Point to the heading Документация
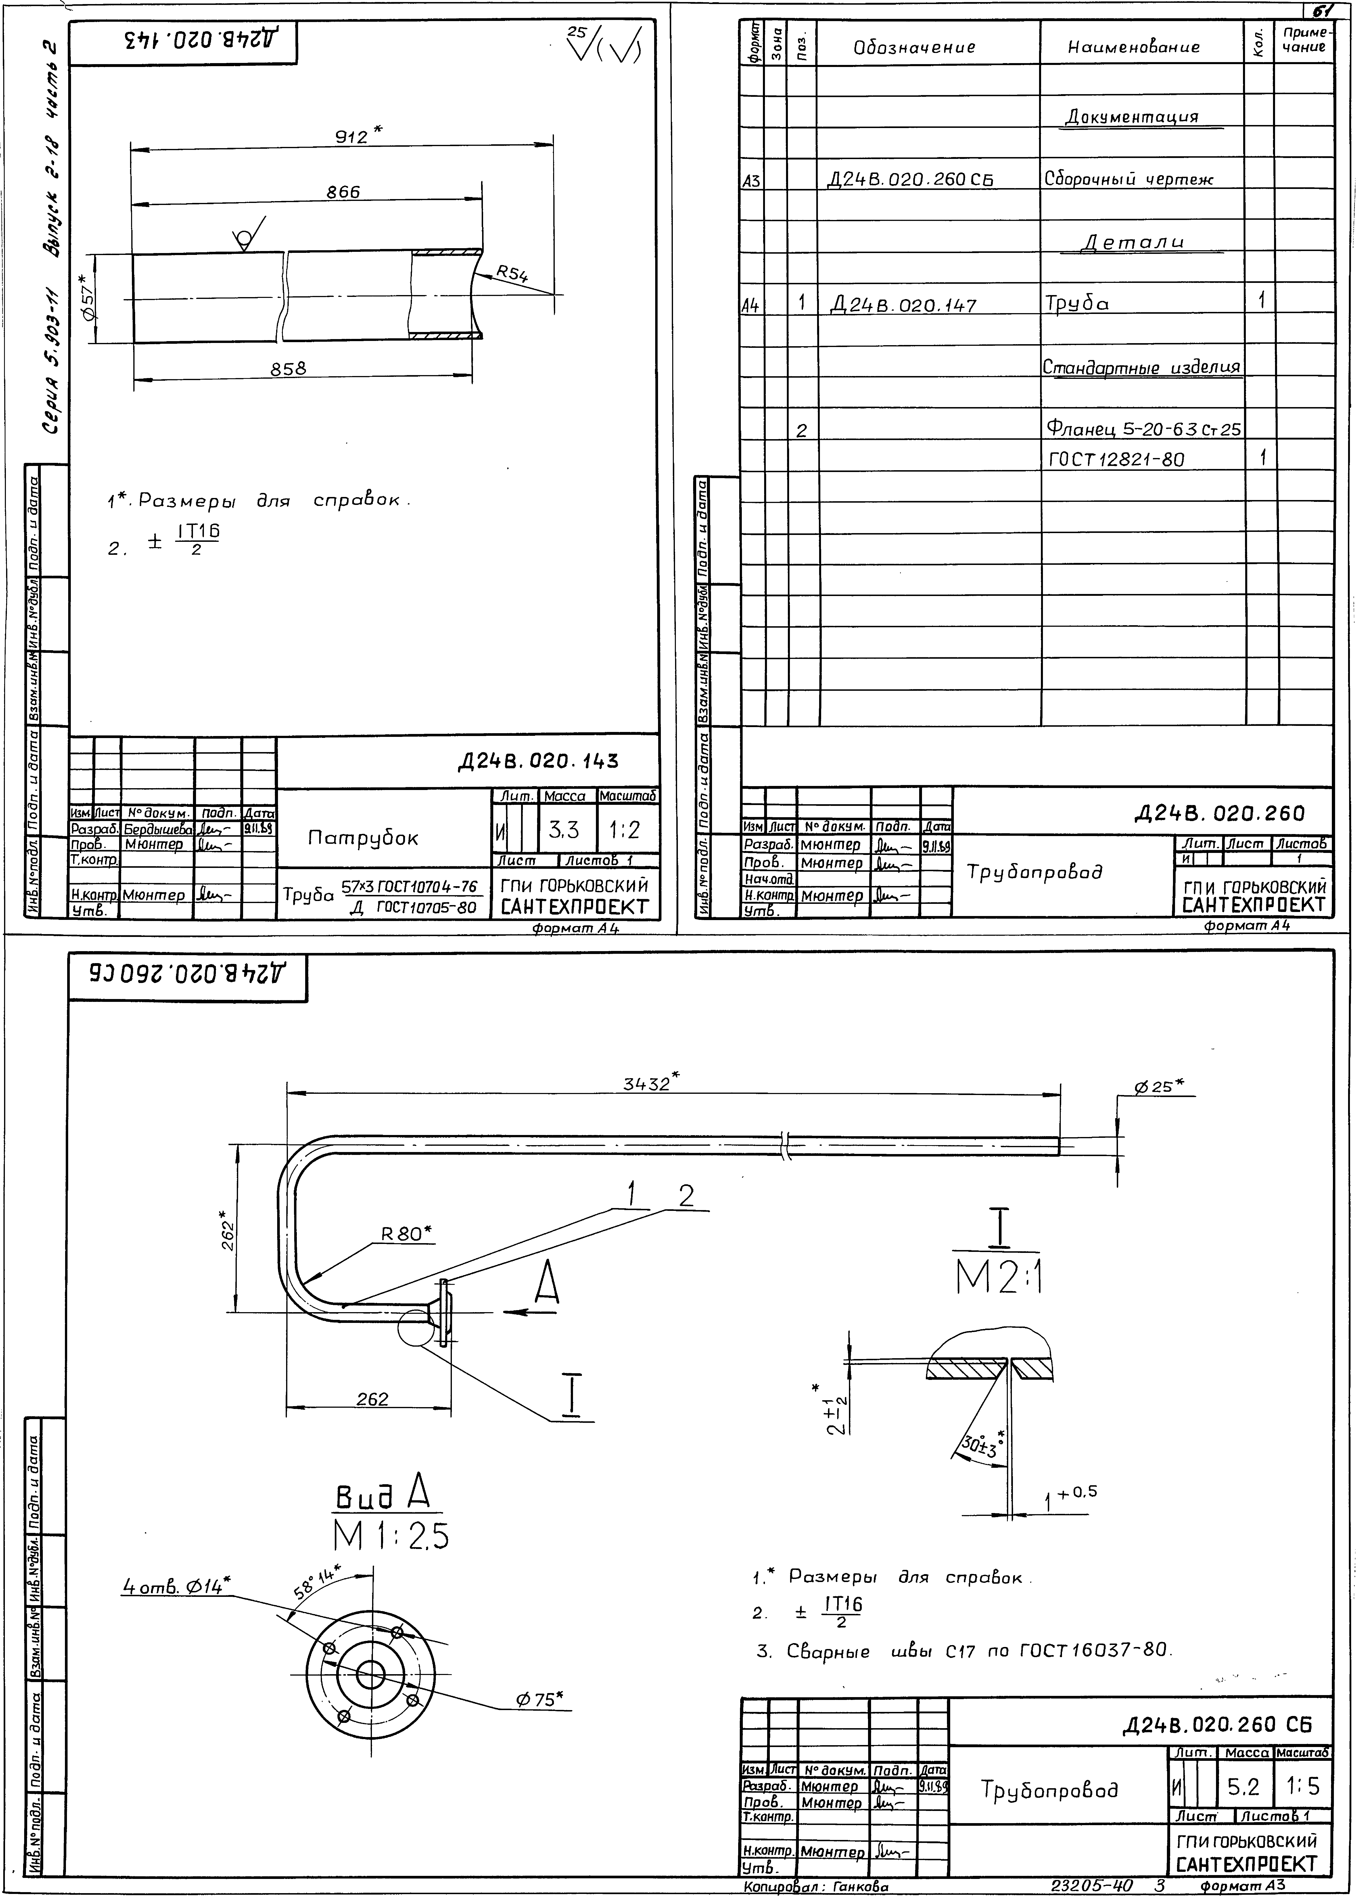coord(1132,117)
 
